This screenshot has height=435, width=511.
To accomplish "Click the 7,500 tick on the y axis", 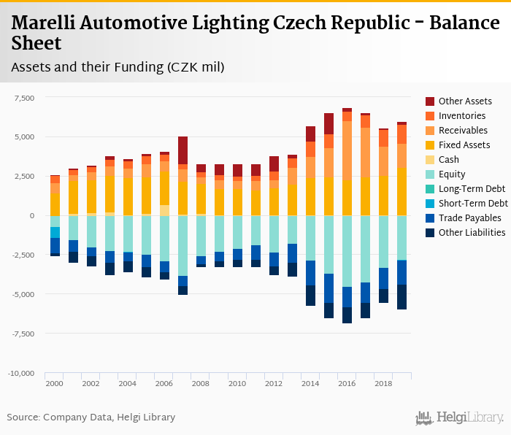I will pyautogui.click(x=25, y=98).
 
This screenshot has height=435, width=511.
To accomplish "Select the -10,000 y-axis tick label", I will pyautogui.click(x=22, y=374).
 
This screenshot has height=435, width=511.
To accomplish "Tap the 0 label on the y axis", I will pyautogui.click(x=32, y=216).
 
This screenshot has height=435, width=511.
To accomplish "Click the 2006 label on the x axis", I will pyautogui.click(x=164, y=384).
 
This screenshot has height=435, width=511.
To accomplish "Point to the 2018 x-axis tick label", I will pyautogui.click(x=383, y=384).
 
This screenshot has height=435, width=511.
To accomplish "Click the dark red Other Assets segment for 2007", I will pyautogui.click(x=182, y=150).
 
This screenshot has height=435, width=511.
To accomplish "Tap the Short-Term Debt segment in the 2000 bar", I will pyautogui.click(x=55, y=232).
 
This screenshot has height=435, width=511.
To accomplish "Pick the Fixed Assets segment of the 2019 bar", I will pyautogui.click(x=401, y=191).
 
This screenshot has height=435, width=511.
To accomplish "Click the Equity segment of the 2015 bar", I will pyautogui.click(x=328, y=245).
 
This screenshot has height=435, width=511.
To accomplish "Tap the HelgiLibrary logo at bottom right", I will pyautogui.click(x=460, y=417).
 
